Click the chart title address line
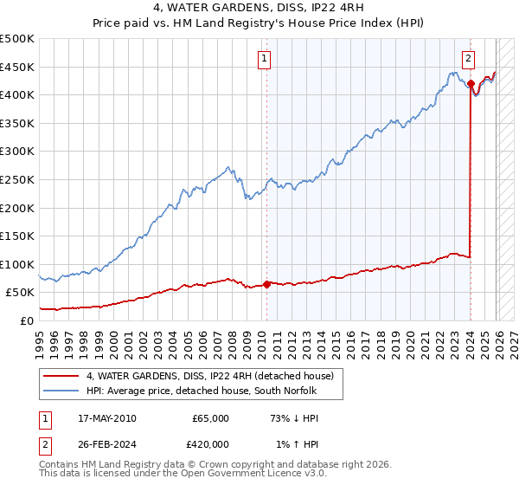(259, 10)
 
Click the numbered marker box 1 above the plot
(263, 59)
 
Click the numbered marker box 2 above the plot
(468, 59)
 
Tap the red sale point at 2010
(266, 283)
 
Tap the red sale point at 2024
(471, 84)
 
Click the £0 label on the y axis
(26, 320)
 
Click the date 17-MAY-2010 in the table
(104, 418)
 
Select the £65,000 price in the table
(209, 418)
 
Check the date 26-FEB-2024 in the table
(104, 444)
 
